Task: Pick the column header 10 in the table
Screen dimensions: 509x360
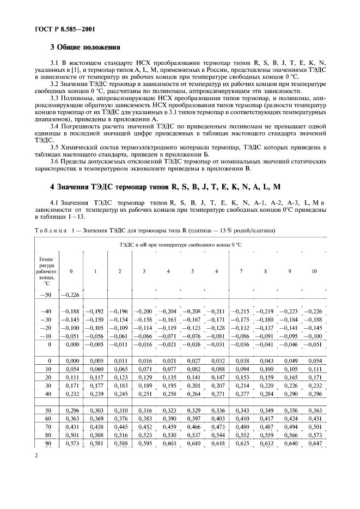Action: [313, 271]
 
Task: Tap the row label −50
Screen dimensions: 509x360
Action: [46, 294]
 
